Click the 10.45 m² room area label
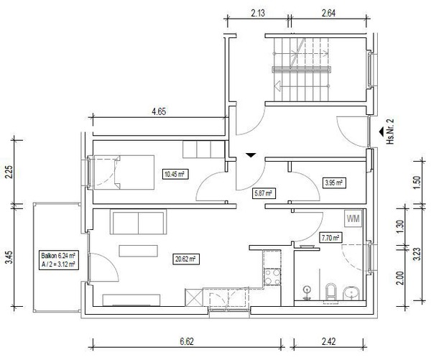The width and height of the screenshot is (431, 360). click(175, 174)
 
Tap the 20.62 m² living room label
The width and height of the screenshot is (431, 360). click(186, 259)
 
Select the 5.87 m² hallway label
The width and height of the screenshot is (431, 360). click(264, 193)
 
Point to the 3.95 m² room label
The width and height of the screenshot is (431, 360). click(334, 183)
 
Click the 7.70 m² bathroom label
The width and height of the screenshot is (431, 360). click(330, 237)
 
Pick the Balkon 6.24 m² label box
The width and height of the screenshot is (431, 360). click(59, 260)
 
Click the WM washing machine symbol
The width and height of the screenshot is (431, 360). click(353, 219)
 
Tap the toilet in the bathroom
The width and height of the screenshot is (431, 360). click(331, 292)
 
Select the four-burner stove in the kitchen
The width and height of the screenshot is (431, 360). click(272, 277)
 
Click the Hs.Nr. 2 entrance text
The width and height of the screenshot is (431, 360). click(390, 131)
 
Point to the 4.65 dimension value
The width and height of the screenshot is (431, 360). click(159, 111)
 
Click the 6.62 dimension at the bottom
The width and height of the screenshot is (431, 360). click(187, 341)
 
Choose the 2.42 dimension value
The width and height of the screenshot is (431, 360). click(328, 341)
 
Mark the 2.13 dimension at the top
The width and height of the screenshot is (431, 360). click(258, 13)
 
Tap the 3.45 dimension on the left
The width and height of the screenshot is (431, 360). click(9, 257)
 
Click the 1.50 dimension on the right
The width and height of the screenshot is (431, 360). click(417, 182)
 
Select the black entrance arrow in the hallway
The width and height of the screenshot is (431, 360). click(251, 155)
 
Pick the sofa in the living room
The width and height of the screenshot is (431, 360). click(138, 221)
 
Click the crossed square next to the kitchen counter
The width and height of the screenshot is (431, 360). click(194, 297)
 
